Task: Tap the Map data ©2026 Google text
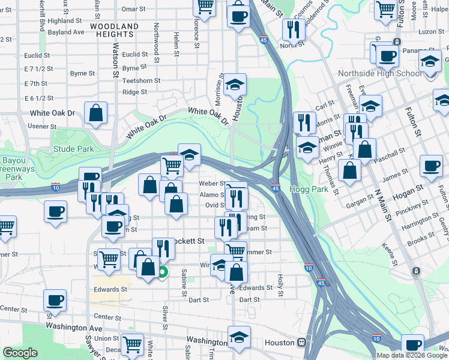pos(412,355)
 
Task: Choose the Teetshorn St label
pos(141,80)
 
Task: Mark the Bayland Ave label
pos(66,32)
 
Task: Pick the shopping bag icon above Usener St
pos(96,112)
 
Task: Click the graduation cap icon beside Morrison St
pos(234,85)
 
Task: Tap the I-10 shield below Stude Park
pos(56,187)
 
